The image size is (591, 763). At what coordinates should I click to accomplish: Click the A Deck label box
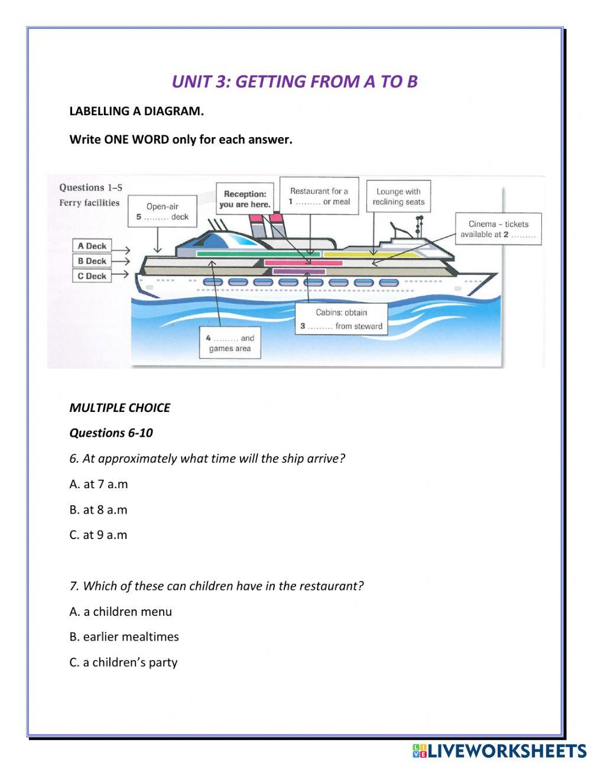pos(92,246)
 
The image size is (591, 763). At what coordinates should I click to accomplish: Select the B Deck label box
pos(92,261)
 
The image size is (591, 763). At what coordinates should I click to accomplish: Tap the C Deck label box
pos(92,275)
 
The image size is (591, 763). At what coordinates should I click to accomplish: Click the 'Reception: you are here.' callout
pos(245,199)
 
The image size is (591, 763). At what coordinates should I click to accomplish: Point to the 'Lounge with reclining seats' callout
pos(398,196)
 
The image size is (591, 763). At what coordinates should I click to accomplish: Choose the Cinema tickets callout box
pos(498,229)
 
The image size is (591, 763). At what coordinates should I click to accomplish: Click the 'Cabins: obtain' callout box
pos(341,319)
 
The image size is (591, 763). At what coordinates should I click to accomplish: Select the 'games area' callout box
pos(230,343)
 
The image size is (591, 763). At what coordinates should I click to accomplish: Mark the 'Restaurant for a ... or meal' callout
pos(319,196)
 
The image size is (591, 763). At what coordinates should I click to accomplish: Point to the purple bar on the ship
pos(299,272)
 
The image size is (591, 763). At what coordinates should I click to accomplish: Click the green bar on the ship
pos(258,254)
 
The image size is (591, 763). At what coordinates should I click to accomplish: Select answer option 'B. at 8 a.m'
pos(98,509)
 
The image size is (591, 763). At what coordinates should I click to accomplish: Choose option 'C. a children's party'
pos(123,662)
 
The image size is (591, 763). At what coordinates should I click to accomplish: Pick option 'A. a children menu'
pos(121,612)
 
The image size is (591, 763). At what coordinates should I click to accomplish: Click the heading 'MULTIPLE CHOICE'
pos(119,408)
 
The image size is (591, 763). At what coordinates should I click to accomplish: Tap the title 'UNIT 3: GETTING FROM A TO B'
pos(294,82)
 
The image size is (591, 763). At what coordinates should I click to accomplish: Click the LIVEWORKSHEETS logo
pos(499,751)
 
